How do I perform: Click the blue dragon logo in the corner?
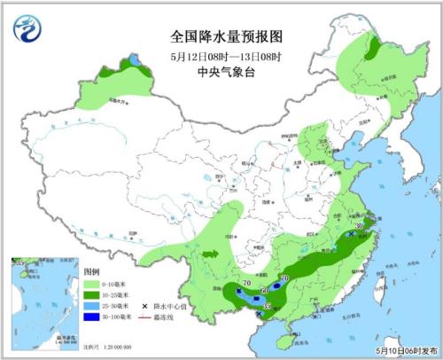pos(27,28)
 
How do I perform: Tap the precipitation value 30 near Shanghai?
pos(359,227)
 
